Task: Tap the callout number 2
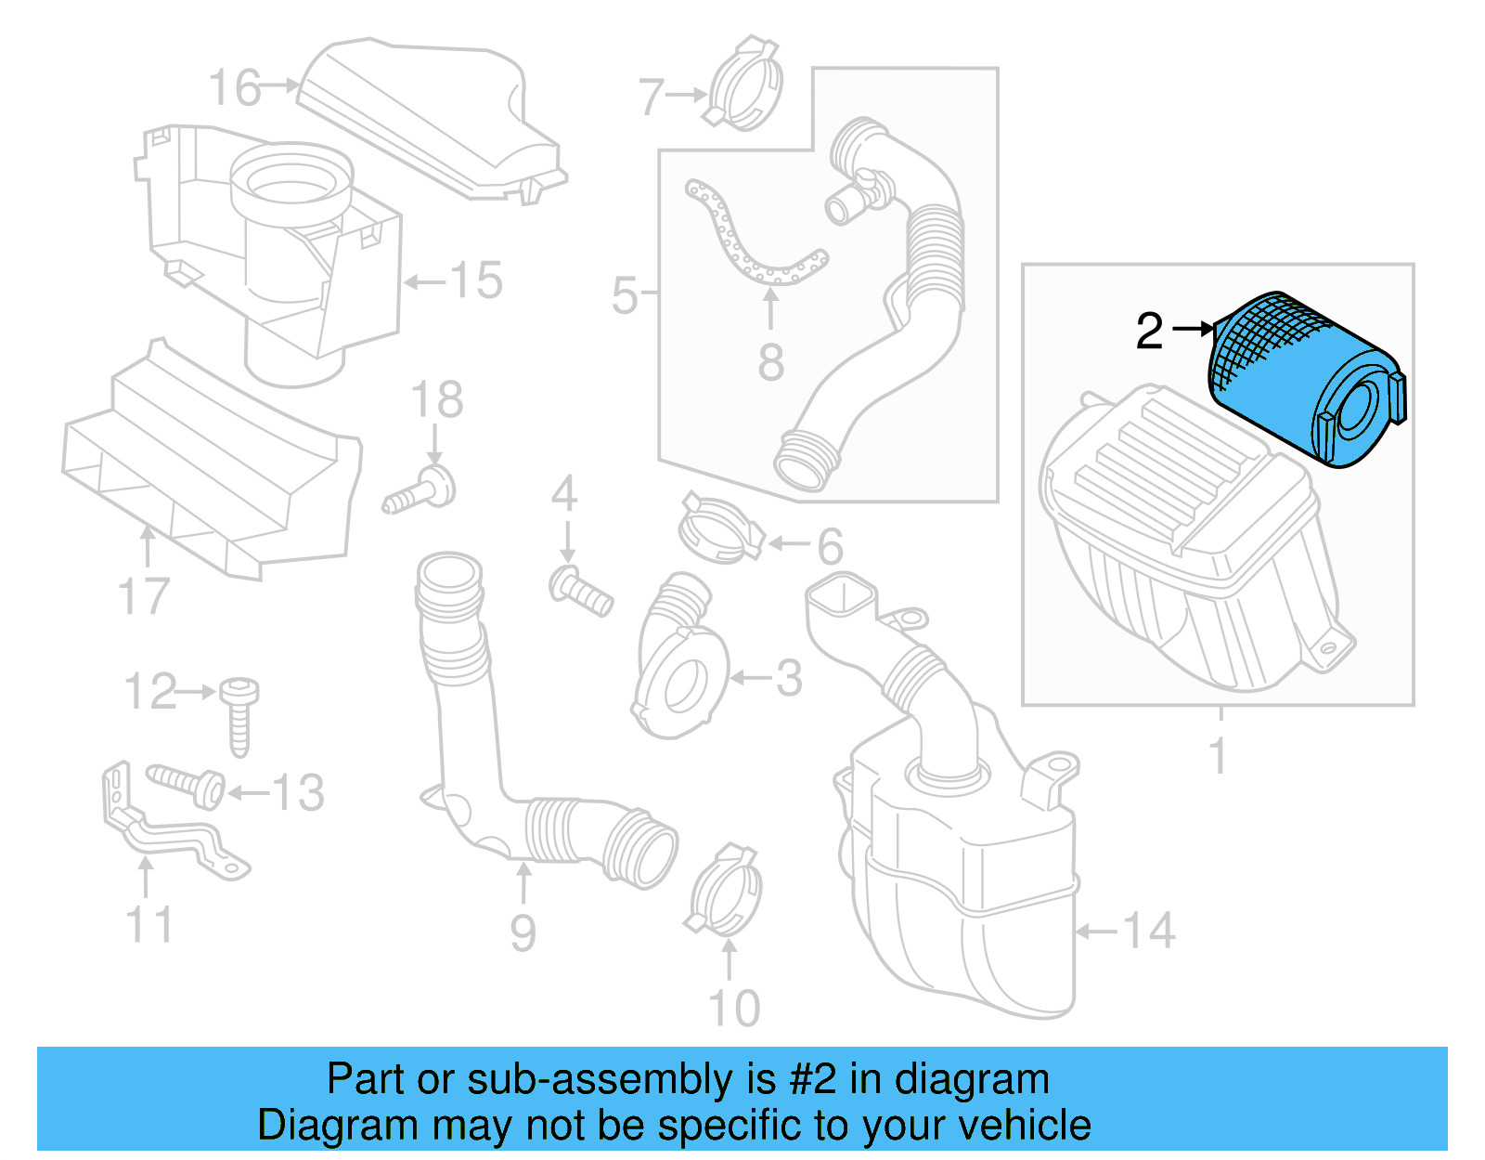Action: coord(1149,331)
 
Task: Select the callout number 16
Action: coord(234,88)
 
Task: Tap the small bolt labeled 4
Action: coord(581,591)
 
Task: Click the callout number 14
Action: coord(1149,931)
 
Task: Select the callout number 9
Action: coord(523,932)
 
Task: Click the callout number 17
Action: coord(145,597)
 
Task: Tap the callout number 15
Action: coord(476,280)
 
